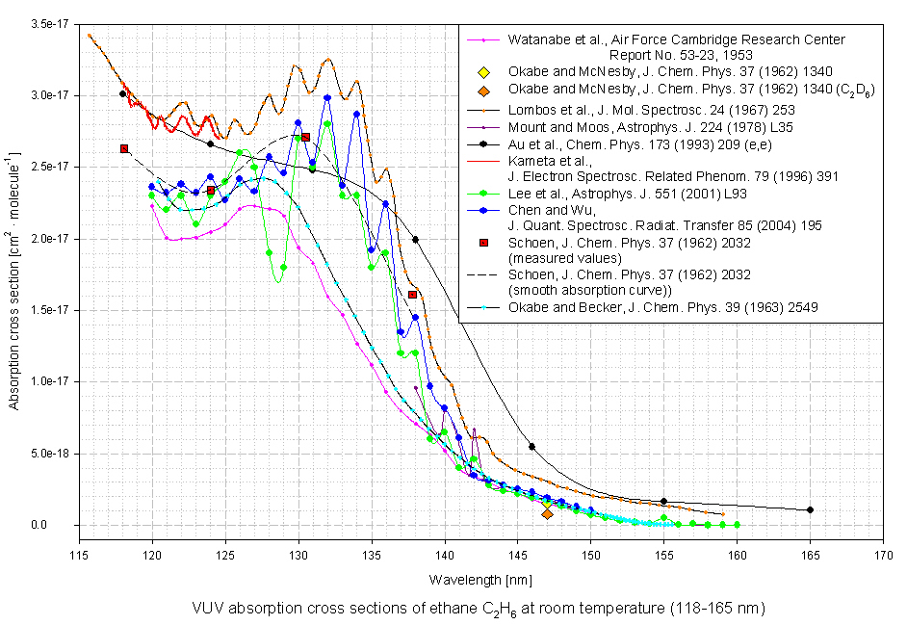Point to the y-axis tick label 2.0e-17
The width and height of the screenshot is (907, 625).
click(48, 238)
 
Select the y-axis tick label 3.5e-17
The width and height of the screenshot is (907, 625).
click(48, 23)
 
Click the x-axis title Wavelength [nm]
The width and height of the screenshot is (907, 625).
click(478, 580)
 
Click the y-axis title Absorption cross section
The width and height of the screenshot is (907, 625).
click(15, 278)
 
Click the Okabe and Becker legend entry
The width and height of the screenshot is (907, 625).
click(664, 307)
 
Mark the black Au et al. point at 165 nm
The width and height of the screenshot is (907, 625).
click(810, 509)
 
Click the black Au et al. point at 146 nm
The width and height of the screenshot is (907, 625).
click(531, 446)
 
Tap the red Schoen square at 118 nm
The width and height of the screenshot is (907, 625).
click(123, 148)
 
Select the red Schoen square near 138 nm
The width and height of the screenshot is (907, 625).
click(412, 295)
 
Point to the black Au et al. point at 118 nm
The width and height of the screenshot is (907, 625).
click(122, 93)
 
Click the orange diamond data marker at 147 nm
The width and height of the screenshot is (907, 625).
click(547, 514)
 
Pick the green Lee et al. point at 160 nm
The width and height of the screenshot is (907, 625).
click(737, 525)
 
